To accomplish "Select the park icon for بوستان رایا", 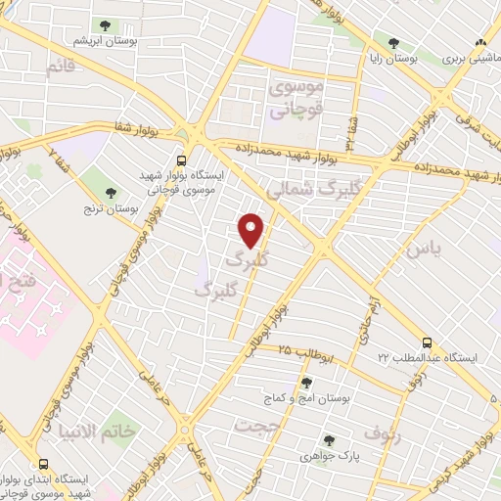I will [x=393, y=43].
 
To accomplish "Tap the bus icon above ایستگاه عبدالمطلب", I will [x=426, y=342].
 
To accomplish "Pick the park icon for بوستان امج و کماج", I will [x=307, y=383].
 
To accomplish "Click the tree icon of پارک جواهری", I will [x=329, y=440].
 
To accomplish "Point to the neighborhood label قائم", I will [x=59, y=68].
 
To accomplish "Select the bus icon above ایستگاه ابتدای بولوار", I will [x=42, y=465].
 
